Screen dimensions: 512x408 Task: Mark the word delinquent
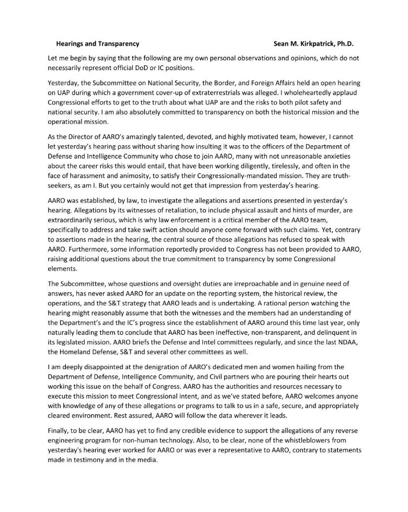(x=340, y=328)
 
